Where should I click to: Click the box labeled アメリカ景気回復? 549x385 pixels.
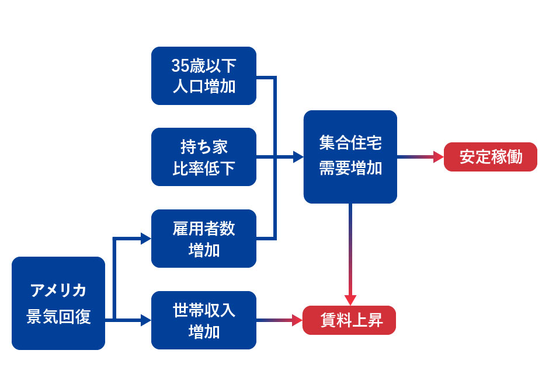point(58,303)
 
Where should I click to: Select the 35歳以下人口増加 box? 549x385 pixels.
point(204,76)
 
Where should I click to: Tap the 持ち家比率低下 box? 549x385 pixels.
point(204,157)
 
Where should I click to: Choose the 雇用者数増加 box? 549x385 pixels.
point(204,239)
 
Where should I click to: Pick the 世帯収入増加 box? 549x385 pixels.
point(204,320)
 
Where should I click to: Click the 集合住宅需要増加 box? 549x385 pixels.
point(350,157)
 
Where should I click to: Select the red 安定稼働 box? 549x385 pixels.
point(491,157)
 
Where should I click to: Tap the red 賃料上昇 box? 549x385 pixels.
point(349,320)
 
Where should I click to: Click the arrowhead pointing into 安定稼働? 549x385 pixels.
point(438,157)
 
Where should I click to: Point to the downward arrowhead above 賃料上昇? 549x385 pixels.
point(350,300)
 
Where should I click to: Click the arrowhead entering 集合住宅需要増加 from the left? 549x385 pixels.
point(298,157)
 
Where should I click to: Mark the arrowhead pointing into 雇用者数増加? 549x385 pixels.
point(145,238)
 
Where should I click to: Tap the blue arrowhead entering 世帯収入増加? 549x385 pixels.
point(145,320)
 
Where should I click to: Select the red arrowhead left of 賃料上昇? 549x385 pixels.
point(297,320)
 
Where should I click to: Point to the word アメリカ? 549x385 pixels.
point(58,290)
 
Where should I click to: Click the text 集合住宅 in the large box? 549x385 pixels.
point(350,143)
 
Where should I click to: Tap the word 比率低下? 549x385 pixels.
point(204,169)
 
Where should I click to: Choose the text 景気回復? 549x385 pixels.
point(58,317)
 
